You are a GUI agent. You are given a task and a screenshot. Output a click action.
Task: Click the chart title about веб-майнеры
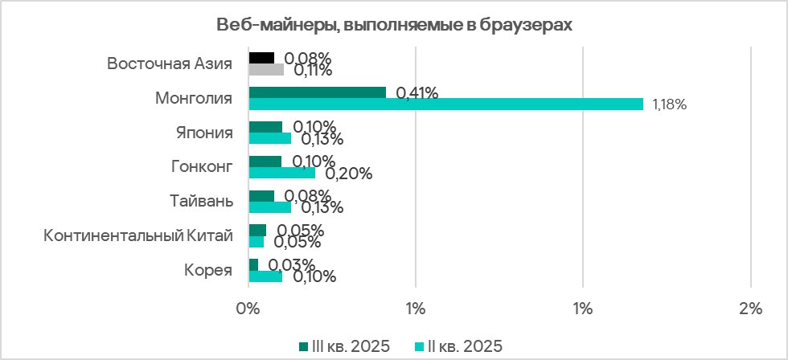(394, 25)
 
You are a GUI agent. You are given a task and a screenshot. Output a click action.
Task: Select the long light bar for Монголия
(445, 104)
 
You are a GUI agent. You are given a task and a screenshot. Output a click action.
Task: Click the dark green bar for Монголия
(317, 92)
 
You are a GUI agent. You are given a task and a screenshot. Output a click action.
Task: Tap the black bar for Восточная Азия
(261, 58)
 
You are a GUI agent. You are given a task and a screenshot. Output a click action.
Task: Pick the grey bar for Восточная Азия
(266, 70)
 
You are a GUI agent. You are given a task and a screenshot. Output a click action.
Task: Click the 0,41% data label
(417, 93)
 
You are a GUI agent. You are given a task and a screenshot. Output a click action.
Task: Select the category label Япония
(204, 133)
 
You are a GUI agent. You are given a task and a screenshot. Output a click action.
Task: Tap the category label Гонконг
(202, 167)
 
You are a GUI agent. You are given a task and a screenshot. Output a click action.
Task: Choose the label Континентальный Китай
(138, 235)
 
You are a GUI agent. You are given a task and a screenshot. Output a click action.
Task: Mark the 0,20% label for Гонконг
(347, 173)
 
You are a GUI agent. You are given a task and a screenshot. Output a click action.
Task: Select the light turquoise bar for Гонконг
(281, 173)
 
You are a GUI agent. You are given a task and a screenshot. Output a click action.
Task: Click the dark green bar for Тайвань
(261, 196)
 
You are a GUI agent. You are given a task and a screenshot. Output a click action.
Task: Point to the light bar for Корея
(265, 276)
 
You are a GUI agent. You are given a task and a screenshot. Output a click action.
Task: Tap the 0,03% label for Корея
(291, 265)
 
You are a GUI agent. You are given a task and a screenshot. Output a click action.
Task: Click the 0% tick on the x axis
(248, 308)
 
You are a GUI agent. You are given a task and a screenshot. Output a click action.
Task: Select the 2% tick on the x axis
(749, 308)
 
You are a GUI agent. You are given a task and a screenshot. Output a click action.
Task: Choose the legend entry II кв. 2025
(458, 346)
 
